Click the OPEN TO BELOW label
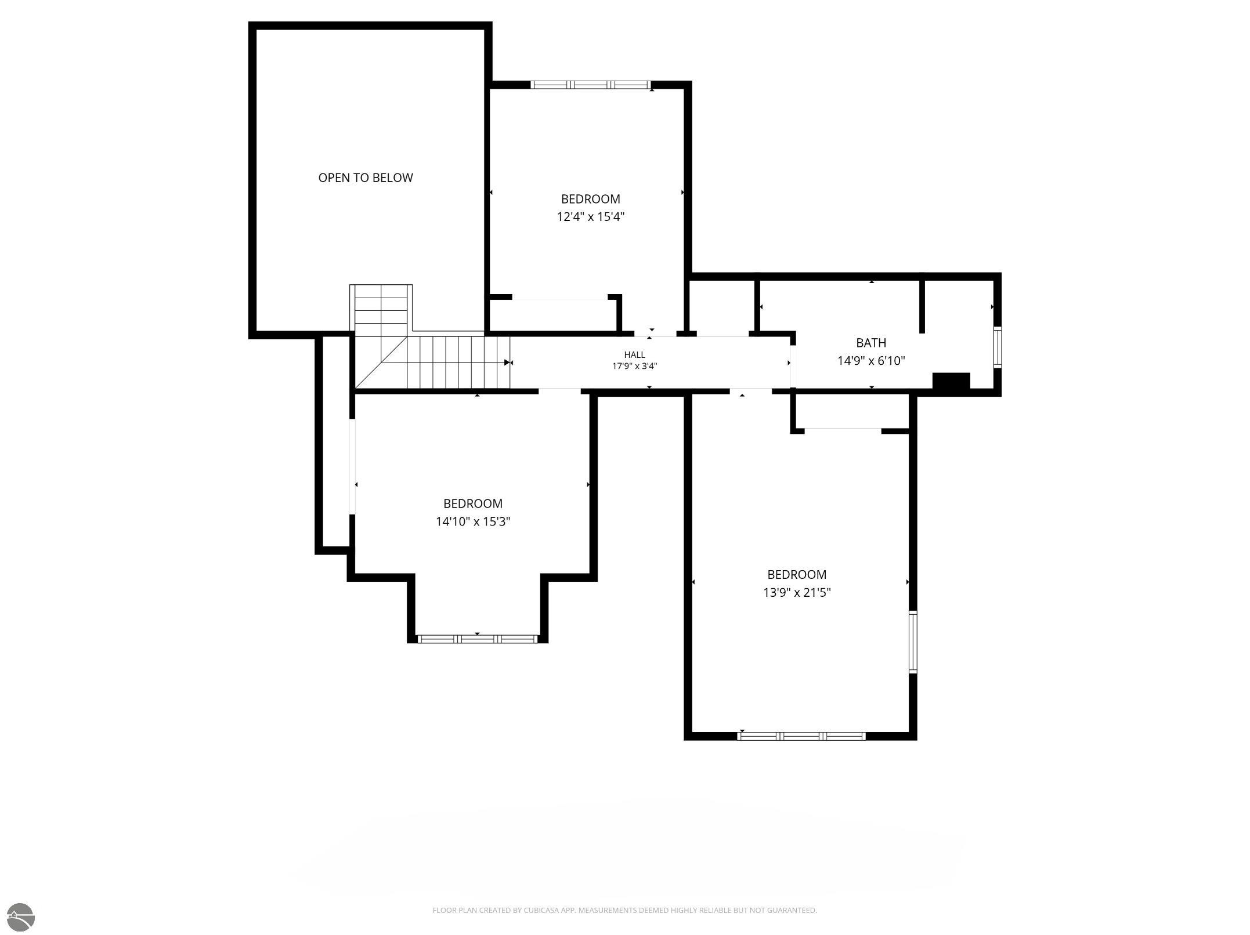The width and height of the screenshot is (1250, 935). pos(366,178)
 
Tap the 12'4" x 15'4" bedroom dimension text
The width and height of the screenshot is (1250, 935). pos(590,217)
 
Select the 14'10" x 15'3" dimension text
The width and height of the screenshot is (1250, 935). pos(473,521)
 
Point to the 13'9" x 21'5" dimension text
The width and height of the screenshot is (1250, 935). pos(797,593)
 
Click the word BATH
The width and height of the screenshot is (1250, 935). pos(871,343)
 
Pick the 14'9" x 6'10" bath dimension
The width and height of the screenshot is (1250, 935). pos(871,361)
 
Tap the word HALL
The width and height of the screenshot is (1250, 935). pos(634,355)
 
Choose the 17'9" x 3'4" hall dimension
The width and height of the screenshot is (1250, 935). pos(634,366)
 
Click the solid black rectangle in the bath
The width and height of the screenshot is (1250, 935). pos(951,381)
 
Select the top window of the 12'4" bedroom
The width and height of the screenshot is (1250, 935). pos(591,85)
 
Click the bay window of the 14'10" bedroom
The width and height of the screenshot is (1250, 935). pos(477,639)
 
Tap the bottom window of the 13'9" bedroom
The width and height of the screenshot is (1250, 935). pos(801,736)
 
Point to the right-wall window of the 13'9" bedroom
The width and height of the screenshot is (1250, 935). pos(913,642)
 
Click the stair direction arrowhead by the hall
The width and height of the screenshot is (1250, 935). pos(508,363)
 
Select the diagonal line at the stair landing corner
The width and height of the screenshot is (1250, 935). pos(381,363)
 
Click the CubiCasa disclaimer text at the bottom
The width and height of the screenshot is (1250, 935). pos(624,910)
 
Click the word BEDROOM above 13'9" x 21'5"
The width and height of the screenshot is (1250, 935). pos(797,575)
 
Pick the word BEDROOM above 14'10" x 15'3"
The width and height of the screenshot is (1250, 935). pos(473,503)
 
